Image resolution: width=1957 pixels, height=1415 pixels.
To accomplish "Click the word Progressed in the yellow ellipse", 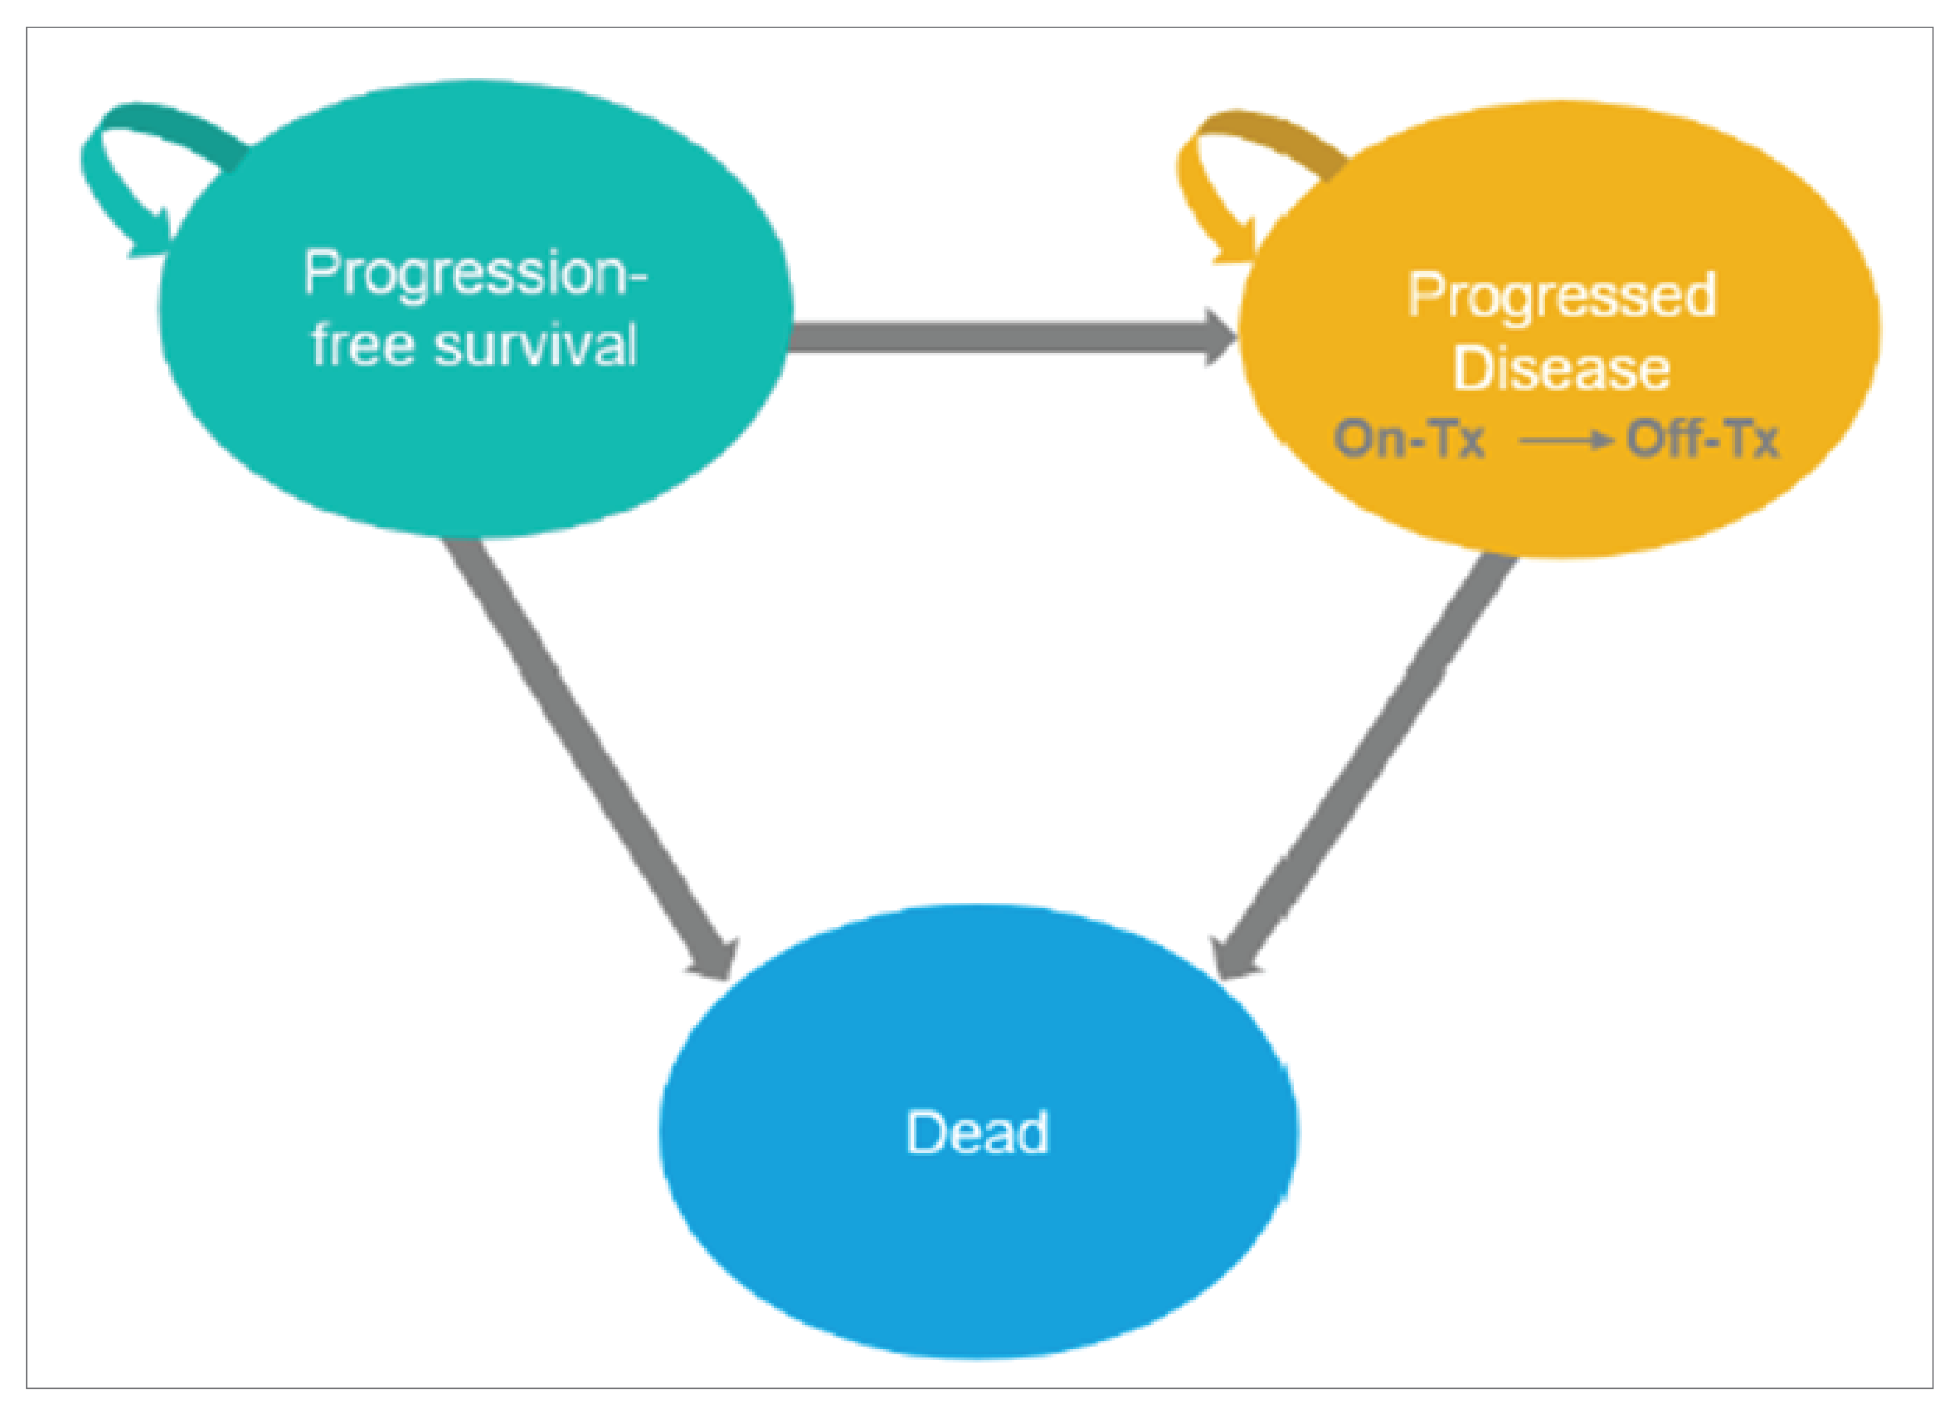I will click(x=1562, y=296).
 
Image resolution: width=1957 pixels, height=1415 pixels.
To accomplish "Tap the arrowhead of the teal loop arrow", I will click(x=153, y=238).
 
